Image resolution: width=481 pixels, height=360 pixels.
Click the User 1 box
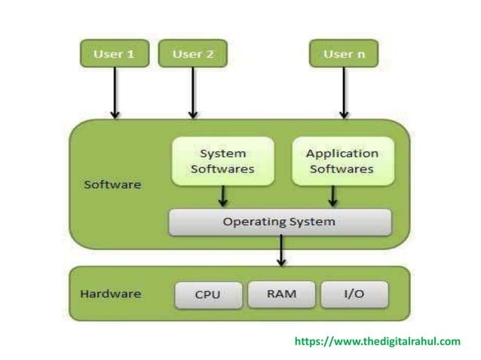click(113, 54)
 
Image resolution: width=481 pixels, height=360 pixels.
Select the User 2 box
click(192, 54)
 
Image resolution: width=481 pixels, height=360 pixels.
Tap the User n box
click(344, 54)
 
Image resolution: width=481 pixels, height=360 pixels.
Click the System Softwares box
click(222, 161)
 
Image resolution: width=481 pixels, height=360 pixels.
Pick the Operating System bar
click(280, 222)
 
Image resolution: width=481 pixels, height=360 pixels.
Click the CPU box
click(207, 294)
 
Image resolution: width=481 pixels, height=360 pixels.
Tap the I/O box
click(354, 294)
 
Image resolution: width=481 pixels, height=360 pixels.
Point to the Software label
click(112, 184)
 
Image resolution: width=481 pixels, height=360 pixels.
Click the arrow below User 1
click(114, 93)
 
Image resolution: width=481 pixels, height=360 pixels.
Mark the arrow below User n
click(344, 93)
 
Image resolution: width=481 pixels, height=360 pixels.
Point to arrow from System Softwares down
click(222, 197)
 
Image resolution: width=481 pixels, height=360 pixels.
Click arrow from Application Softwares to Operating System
click(333, 197)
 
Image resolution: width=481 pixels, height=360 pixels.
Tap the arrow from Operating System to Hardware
click(281, 252)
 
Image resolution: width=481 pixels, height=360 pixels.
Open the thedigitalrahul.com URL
click(376, 342)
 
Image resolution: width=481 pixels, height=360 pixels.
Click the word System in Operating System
click(312, 222)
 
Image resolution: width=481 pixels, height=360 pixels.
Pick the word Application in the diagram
click(342, 154)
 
